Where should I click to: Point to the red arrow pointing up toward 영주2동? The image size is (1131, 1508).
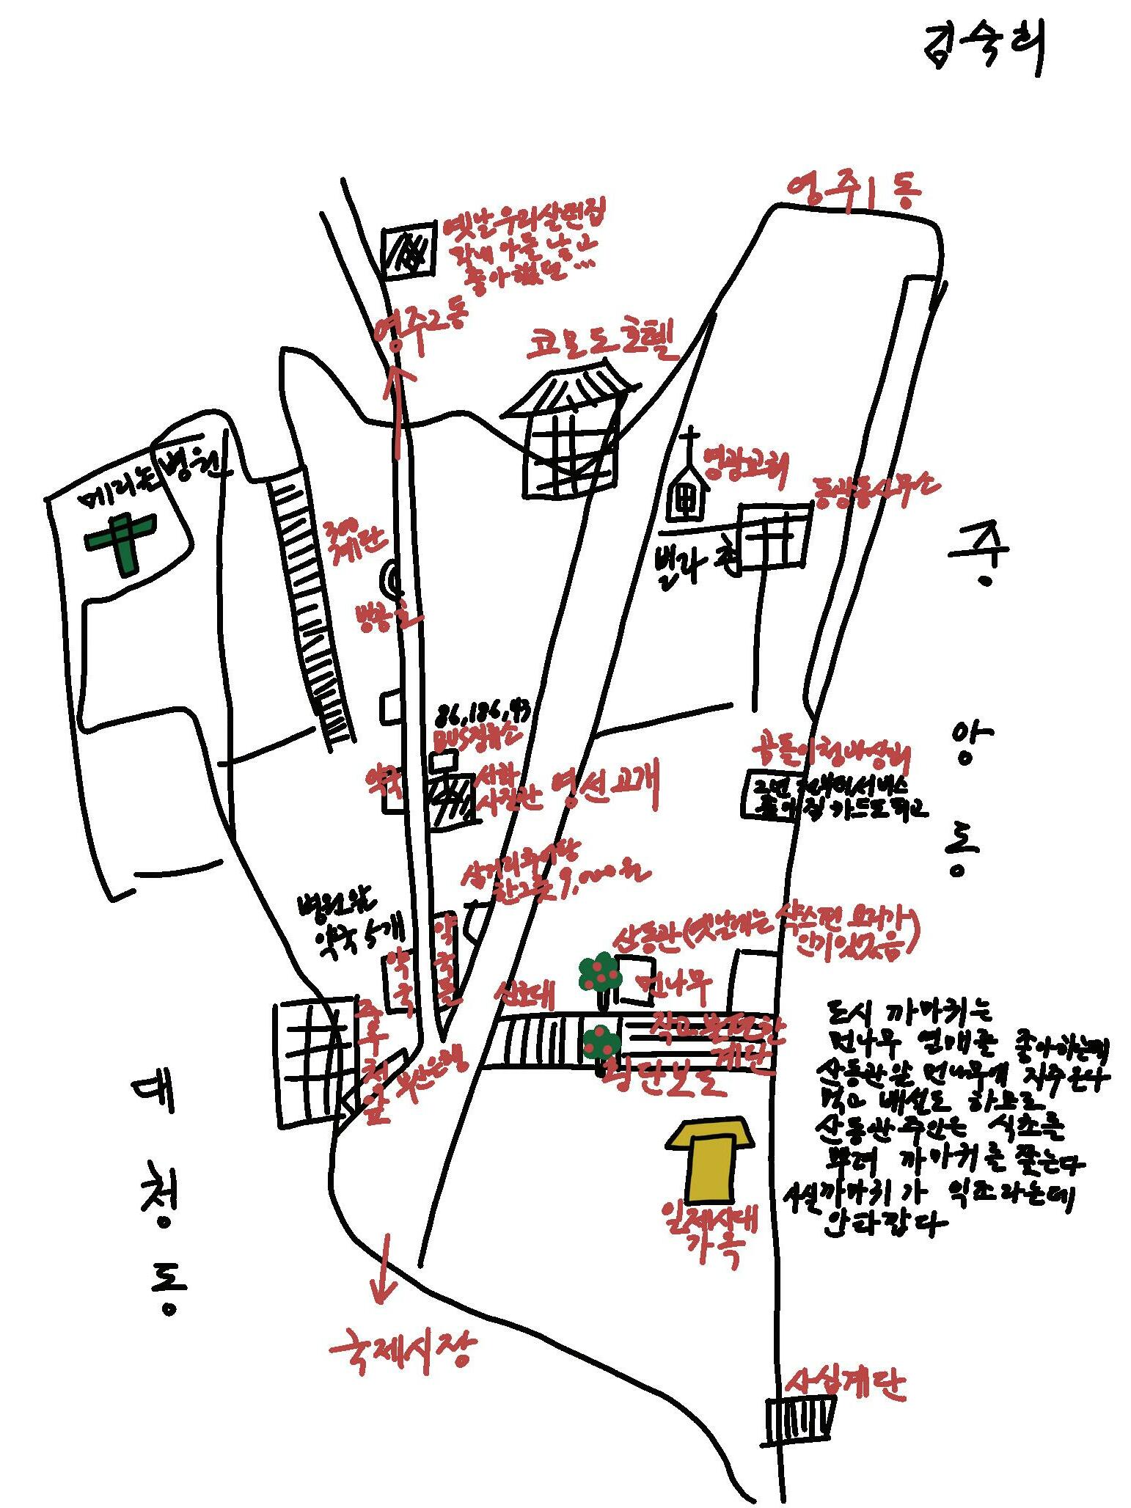[x=397, y=408]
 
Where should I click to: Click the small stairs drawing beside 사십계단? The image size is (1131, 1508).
[x=800, y=1420]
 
